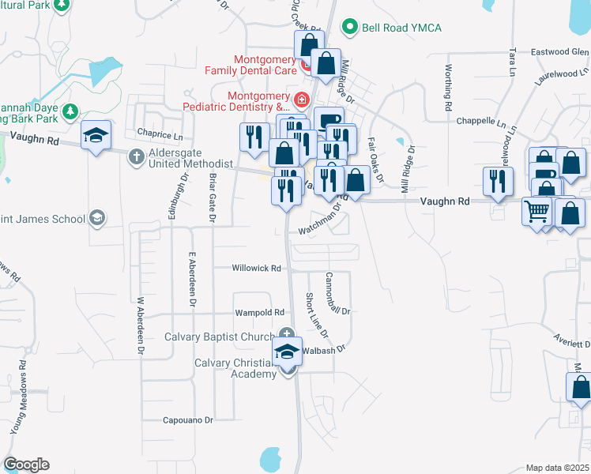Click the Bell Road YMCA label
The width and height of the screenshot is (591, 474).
(x=401, y=28)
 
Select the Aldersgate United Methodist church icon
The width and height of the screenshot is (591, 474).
(x=136, y=156)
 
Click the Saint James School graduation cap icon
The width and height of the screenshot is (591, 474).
(x=97, y=217)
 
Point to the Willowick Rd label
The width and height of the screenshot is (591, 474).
(x=257, y=269)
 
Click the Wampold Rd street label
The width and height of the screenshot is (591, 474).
(x=258, y=313)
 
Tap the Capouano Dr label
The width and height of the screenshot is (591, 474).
(x=188, y=420)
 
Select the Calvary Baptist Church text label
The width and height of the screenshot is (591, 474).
(x=219, y=337)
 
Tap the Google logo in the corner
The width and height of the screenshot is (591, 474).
(x=26, y=465)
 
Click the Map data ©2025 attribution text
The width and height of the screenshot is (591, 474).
(x=558, y=468)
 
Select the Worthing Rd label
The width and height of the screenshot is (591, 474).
(x=448, y=87)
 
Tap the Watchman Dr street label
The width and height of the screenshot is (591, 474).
(x=319, y=224)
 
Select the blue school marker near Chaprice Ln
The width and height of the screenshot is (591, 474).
(x=96, y=136)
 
